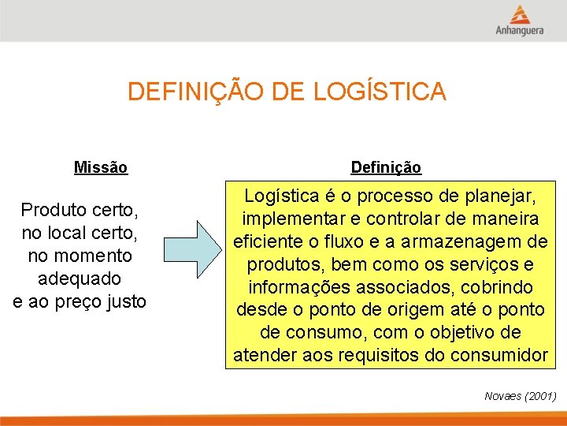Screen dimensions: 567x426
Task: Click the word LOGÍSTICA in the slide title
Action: (380, 92)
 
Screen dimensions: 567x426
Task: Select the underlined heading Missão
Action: (101, 167)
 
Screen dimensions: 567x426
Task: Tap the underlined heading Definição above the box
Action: (386, 167)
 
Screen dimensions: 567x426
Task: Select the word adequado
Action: (80, 279)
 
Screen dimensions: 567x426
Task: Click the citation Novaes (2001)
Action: (520, 395)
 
